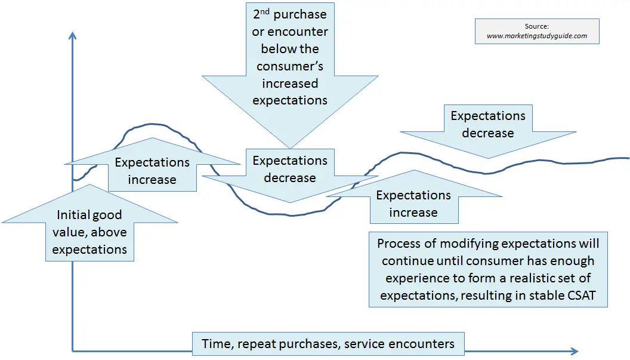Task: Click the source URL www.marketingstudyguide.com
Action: pyautogui.click(x=537, y=36)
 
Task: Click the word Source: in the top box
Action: pyautogui.click(x=537, y=26)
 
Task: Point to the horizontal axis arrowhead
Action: pyautogui.click(x=574, y=351)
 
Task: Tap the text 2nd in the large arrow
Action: pyautogui.click(x=261, y=14)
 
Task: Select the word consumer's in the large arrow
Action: pyautogui.click(x=290, y=66)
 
